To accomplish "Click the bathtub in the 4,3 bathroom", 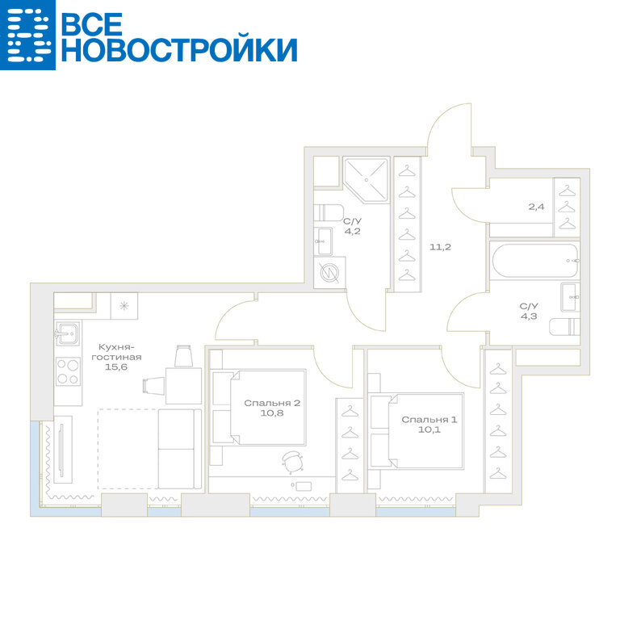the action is pos(534,261).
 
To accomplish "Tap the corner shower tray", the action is pos(366,179).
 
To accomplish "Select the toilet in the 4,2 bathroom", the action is pos(329,213).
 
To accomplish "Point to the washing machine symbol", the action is pos(329,272).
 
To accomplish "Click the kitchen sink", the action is pos(68,333).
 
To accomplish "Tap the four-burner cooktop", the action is pos(68,371).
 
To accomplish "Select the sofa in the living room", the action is pos(179,449).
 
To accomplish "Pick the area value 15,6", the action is pos(116,367).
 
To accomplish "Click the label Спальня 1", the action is pos(429,420).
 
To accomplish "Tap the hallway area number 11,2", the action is pos(440,247).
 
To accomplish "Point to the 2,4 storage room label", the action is pos(536,207).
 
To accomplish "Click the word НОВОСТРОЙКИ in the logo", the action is pos(179,50).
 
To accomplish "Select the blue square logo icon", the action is pos(27,35).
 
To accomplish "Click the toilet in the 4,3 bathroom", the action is pos(564,327).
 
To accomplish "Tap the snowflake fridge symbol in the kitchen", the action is pos(124,306).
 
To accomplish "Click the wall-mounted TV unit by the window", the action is pos(63,449).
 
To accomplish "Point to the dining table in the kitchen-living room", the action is pos(183,386).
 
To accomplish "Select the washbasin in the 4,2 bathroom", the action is pos(323,241).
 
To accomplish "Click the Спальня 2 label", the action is pos(272,403).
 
